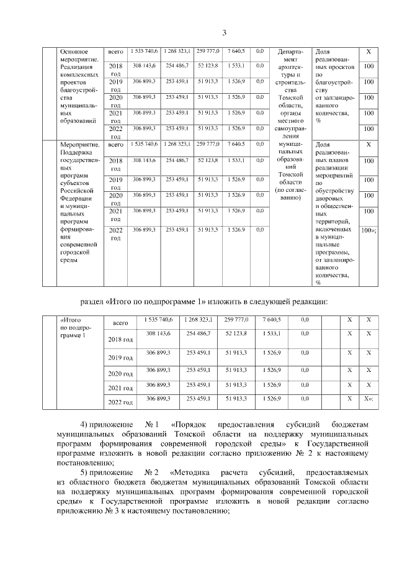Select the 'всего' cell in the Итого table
[121, 323]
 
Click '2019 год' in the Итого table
[121, 358]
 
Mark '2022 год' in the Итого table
[121, 403]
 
